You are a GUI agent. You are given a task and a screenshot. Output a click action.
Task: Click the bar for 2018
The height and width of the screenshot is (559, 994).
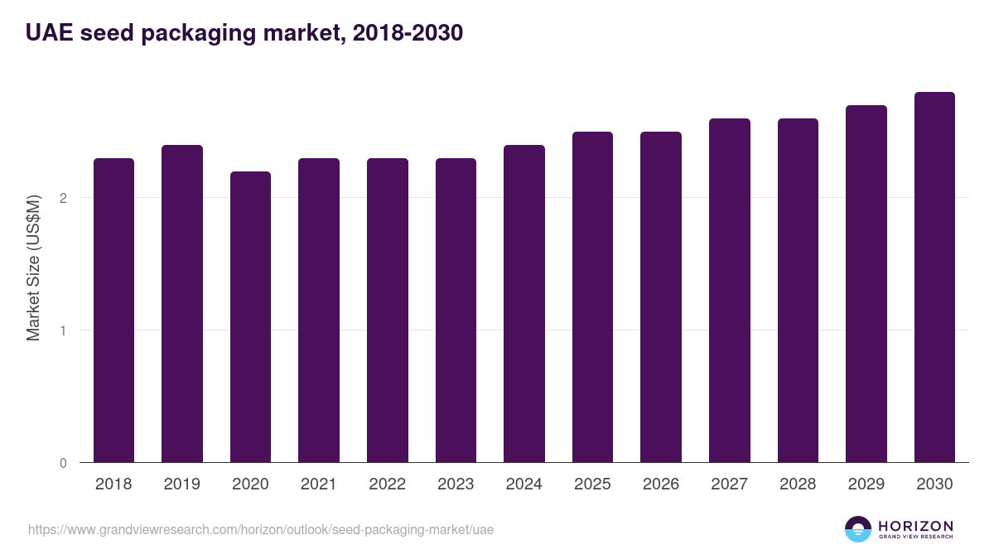113,311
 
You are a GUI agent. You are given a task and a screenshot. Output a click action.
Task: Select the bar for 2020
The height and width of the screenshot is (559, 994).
250,317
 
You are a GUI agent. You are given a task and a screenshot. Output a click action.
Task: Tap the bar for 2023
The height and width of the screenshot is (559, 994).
456,311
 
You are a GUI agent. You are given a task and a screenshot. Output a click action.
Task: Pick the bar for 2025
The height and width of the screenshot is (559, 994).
592,297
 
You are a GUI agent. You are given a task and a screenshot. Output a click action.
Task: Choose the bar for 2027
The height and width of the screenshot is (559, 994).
729,291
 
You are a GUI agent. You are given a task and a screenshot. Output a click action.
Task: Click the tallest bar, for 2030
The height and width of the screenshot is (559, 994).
934,277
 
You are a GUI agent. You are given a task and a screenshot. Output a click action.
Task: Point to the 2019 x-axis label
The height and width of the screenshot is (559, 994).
182,484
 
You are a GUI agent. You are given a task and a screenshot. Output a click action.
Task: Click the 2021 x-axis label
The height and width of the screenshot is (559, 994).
319,484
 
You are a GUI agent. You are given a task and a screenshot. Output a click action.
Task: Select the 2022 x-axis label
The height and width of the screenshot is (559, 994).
387,484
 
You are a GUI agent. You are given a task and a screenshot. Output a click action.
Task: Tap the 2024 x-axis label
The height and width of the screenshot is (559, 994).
524,484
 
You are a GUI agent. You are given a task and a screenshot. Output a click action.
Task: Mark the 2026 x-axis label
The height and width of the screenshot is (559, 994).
661,484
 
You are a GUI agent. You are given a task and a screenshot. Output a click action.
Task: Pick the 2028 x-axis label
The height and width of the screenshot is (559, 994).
798,484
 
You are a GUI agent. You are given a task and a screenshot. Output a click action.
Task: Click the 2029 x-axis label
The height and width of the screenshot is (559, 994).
866,484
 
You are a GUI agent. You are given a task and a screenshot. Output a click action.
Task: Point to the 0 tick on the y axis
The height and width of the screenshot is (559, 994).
63,463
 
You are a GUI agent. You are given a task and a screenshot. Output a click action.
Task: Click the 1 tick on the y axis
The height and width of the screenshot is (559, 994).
63,330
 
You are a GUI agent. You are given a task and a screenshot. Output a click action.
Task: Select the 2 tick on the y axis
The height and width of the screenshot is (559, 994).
63,198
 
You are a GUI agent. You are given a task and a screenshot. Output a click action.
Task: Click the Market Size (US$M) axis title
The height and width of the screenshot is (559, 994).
33,267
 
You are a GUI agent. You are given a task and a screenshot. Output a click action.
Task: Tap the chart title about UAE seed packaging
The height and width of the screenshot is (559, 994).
244,33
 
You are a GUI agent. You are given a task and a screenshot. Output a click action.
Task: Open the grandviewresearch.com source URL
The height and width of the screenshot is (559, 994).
261,529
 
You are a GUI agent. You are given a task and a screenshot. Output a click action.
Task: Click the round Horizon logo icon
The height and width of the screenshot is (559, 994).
857,529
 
